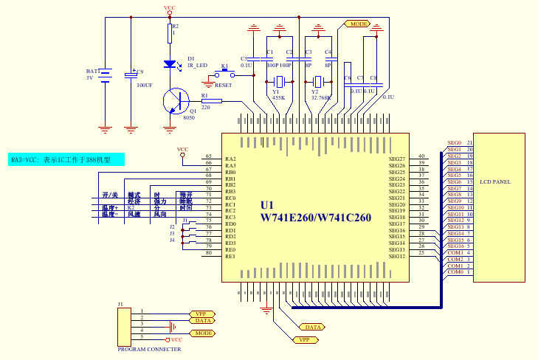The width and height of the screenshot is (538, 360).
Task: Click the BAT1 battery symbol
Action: [106, 75]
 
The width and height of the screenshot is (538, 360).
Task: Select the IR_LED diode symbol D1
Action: [170, 64]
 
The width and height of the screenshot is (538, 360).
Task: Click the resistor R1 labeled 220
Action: [211, 100]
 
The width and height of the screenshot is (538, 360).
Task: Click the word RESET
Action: [223, 85]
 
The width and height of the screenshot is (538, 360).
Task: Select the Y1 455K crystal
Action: [279, 81]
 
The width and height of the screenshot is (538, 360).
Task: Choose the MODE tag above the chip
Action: [357, 24]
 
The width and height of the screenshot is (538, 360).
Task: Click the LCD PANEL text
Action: [494, 181]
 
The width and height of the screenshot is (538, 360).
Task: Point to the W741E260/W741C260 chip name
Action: [315, 218]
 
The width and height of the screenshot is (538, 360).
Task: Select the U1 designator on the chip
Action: [267, 204]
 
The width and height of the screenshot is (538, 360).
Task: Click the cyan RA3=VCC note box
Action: [66, 159]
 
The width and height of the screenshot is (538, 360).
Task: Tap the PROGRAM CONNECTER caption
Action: [149, 349]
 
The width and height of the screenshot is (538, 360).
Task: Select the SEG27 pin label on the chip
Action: [397, 159]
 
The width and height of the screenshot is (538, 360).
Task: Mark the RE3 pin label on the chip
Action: [230, 256]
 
